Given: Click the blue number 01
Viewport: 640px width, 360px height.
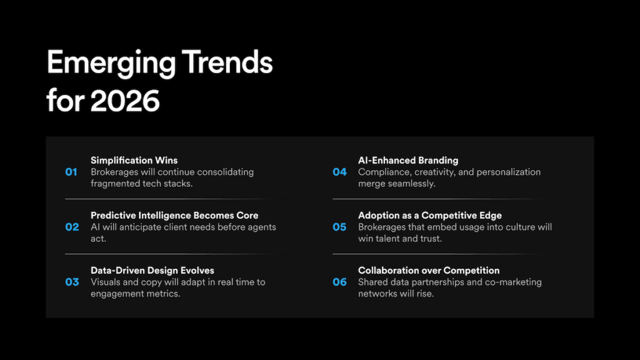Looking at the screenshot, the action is pos(71,172).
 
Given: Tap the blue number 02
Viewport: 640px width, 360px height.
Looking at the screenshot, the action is pos(72,227).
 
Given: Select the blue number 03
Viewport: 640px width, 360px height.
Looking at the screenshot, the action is pos(72,282).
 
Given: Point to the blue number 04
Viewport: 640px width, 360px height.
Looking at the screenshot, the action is pos(339,172).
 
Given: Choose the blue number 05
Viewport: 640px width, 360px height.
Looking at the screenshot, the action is pos(339,227).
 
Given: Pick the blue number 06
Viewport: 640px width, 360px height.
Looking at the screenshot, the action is pos(339,282).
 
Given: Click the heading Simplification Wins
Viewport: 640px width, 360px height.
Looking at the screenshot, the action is pos(134,161).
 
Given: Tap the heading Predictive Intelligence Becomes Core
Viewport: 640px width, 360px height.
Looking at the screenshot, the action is pos(174,216).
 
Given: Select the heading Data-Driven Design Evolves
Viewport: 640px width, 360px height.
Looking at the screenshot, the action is pos(152,271).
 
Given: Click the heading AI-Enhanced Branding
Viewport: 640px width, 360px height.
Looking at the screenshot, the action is pos(408,161).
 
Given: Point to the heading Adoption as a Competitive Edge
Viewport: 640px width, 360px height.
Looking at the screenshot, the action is pos(430,216).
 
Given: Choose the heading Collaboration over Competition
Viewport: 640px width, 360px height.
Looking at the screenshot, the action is pos(429,271).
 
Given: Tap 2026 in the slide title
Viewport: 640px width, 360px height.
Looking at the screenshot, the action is pos(125,101).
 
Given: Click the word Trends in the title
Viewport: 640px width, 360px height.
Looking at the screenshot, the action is pos(227,62).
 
